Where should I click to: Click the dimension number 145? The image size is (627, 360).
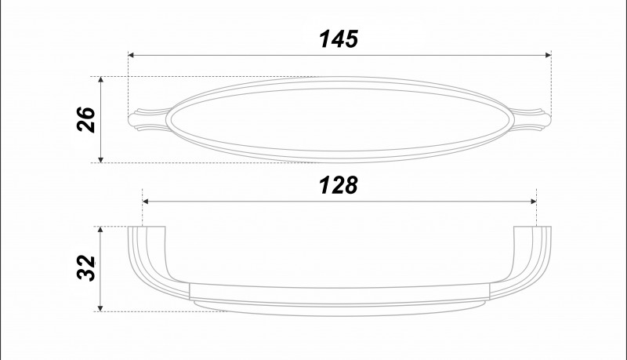pyautogui.click(x=339, y=38)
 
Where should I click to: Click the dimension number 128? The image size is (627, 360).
pyautogui.click(x=339, y=185)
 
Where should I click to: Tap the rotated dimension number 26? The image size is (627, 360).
pyautogui.click(x=86, y=119)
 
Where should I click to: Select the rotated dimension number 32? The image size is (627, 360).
pyautogui.click(x=86, y=268)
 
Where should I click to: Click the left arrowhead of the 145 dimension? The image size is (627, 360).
pyautogui.click(x=131, y=55)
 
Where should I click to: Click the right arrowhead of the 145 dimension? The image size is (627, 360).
pyautogui.click(x=548, y=55)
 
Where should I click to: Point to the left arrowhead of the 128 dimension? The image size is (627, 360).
pyautogui.click(x=146, y=202)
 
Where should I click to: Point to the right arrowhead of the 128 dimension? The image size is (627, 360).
pyautogui.click(x=534, y=202)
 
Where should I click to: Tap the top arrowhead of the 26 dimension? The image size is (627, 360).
pyautogui.click(x=101, y=79)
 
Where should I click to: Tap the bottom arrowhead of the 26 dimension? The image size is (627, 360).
pyautogui.click(x=101, y=159)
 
